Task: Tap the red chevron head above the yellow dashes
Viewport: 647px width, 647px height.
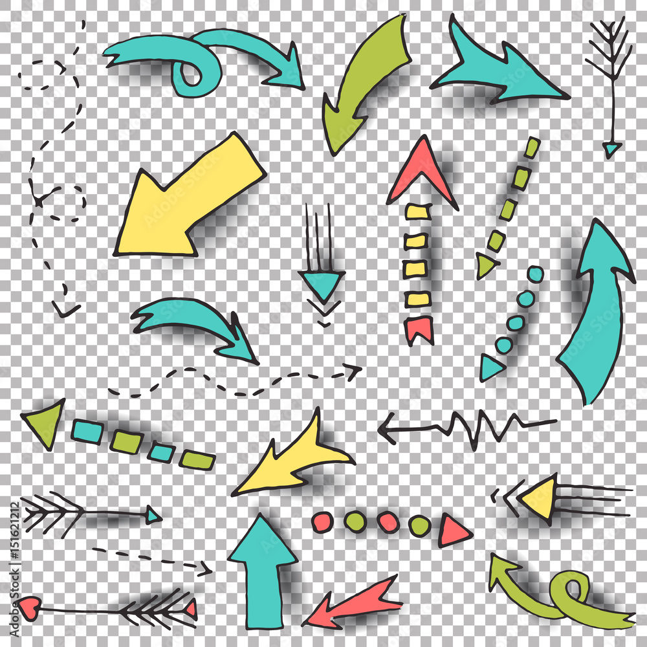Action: coord(422,170)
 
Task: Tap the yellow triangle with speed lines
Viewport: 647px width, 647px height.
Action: coord(540,498)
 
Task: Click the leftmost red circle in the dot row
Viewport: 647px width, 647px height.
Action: coord(322,521)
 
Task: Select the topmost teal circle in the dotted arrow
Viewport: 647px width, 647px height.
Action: coord(535,274)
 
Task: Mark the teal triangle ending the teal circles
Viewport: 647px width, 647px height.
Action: coord(490,368)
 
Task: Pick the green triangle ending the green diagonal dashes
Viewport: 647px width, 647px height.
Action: coord(485,264)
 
